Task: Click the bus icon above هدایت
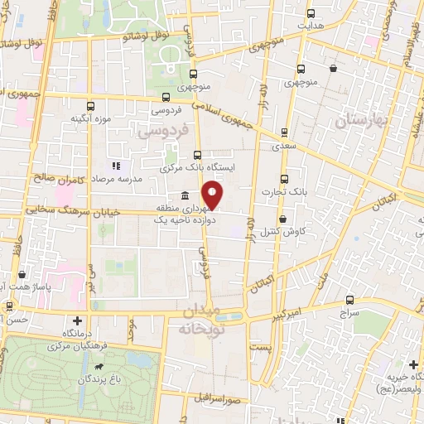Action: (311, 13)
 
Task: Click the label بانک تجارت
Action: (285, 191)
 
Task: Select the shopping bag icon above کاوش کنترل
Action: (284, 219)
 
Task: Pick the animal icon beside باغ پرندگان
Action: (99, 368)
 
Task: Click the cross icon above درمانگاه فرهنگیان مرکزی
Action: (78, 320)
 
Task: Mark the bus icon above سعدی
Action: (284, 132)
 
